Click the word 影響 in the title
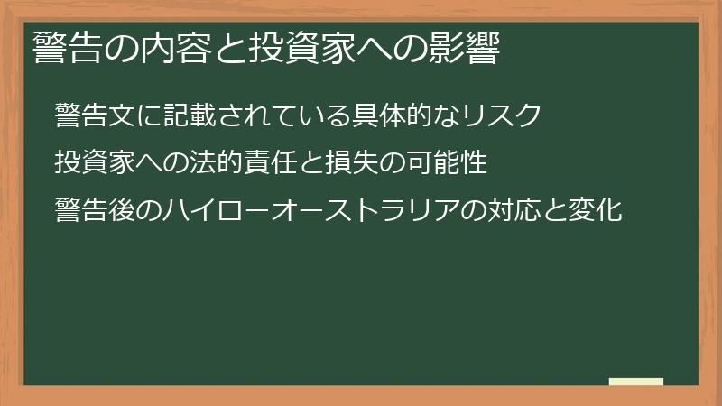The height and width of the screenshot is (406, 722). [464, 48]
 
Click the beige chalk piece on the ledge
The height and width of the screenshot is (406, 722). [635, 382]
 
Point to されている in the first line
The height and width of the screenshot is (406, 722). [286, 115]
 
